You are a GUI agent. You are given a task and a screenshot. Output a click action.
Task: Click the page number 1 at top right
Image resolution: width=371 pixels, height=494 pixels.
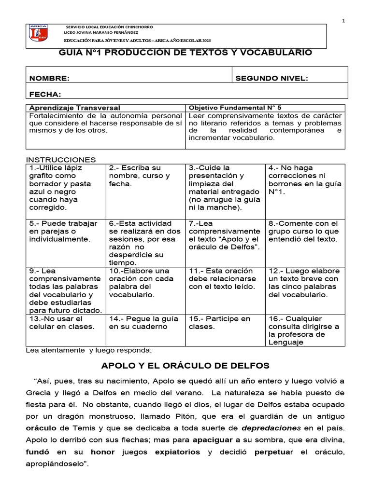point(343,20)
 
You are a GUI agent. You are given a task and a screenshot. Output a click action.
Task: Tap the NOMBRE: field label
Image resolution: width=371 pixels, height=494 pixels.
point(49,79)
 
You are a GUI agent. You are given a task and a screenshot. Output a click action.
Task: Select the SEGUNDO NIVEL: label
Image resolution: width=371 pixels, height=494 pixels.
point(271,79)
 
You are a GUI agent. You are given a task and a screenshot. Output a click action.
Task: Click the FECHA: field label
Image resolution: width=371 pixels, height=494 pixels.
point(45,94)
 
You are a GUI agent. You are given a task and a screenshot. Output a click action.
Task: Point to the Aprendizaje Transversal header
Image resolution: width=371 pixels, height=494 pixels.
point(75,108)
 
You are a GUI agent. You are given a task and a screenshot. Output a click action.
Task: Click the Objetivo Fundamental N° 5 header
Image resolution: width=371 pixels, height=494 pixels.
point(234,108)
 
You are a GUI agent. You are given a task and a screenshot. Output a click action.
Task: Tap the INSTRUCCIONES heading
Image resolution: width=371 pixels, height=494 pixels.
point(60,160)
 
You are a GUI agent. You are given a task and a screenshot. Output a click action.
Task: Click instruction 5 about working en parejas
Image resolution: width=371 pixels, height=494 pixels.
point(64,231)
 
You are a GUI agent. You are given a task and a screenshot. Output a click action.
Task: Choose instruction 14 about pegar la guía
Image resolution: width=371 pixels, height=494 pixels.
point(143,323)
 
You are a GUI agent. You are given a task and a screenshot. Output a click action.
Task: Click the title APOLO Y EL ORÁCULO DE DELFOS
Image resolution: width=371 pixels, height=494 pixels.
point(185,365)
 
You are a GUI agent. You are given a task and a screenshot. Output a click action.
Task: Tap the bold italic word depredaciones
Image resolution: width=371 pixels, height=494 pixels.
point(271,428)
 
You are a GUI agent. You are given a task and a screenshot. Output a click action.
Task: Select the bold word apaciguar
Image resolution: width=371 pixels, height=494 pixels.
point(214,440)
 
